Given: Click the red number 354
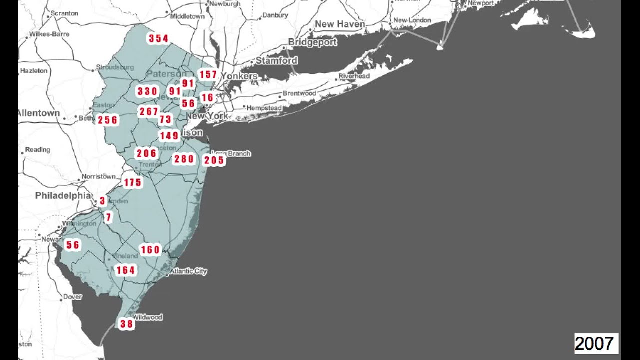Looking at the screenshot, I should click(158, 38).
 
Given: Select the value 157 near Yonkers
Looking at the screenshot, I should click(208, 75).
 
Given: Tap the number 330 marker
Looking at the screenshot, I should click(147, 91).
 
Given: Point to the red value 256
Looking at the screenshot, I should click(108, 120).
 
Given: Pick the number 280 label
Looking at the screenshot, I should click(184, 159).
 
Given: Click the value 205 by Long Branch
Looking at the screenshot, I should click(214, 160).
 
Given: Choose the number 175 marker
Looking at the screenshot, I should click(133, 183).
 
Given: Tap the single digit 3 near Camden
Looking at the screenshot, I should click(102, 201).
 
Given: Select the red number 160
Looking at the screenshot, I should click(150, 250).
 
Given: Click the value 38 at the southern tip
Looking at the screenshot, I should click(126, 324).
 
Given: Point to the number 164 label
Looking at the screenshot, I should click(125, 270).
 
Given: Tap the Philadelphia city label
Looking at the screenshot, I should click(63, 196).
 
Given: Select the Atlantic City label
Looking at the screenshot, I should click(188, 271).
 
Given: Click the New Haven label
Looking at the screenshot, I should click(340, 24).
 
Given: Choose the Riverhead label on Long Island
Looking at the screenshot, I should click(354, 76).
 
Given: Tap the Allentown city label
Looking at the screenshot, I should click(39, 113).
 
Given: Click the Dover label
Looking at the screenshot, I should click(72, 297).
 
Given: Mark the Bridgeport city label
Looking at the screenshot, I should click(313, 42).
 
